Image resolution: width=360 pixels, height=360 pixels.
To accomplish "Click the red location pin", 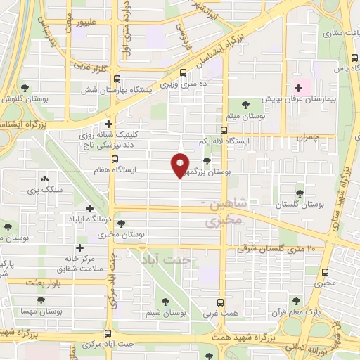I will (181, 165).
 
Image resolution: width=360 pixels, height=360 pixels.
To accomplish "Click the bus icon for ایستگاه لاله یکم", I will (224, 130).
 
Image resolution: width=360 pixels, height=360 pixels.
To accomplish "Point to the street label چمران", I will (308, 138).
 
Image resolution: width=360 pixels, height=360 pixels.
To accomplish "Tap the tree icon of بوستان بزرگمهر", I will (206, 161).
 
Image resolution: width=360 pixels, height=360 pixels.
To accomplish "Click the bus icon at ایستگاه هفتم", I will (115, 159).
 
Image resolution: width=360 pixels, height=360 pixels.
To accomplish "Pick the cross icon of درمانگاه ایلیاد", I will (89, 208).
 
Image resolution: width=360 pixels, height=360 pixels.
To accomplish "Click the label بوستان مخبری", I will (127, 234).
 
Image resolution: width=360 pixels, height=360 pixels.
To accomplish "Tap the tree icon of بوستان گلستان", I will (300, 193).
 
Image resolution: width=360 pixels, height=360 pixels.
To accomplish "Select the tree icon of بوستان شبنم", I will (166, 301).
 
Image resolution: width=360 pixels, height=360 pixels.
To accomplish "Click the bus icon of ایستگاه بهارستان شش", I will (116, 79).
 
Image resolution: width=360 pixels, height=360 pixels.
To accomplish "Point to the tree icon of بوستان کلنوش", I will (25, 89).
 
